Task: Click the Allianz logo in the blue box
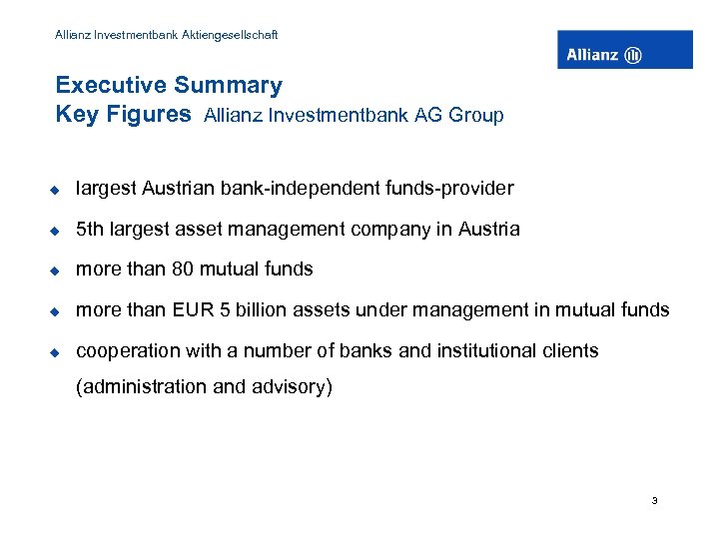624,51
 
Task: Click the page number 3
654,501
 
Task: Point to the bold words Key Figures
123,115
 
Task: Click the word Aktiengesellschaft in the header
227,35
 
